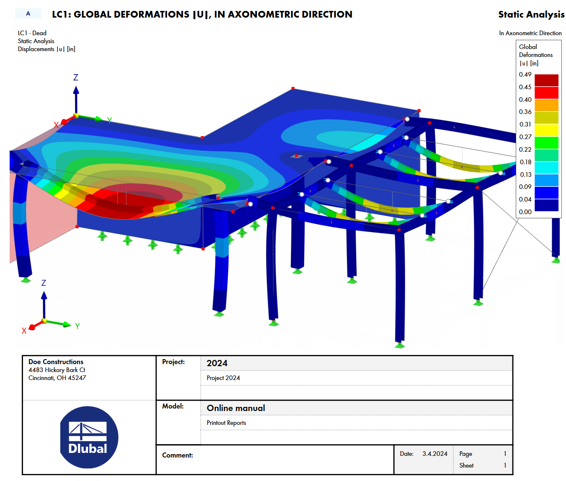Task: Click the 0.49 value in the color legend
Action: pyautogui.click(x=525, y=75)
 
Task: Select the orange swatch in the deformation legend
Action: pyautogui.click(x=546, y=105)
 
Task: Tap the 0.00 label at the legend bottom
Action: pyautogui.click(x=525, y=212)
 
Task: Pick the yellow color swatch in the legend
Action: pyautogui.click(x=546, y=130)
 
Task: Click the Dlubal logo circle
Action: pyautogui.click(x=89, y=437)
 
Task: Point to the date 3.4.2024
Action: pyautogui.click(x=435, y=454)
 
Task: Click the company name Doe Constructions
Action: pyautogui.click(x=56, y=362)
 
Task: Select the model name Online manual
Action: pyautogui.click(x=236, y=408)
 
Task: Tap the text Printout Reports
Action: pyautogui.click(x=226, y=423)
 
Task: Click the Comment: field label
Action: pyautogui.click(x=178, y=455)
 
